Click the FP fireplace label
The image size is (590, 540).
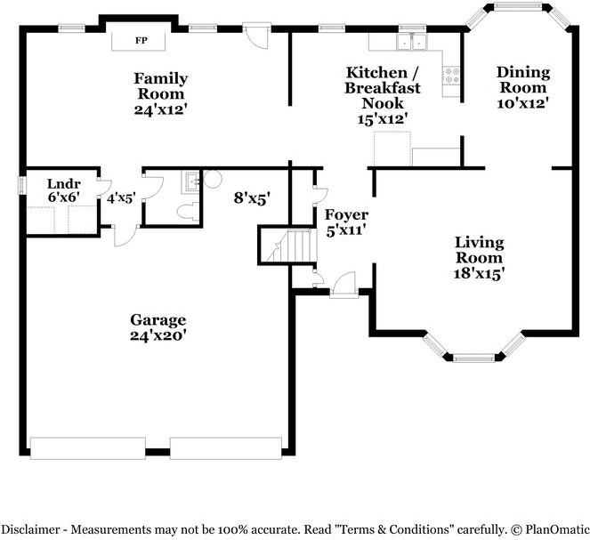[x=141, y=40]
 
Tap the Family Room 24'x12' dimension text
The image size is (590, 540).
[x=161, y=109]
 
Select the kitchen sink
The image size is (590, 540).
[x=412, y=42]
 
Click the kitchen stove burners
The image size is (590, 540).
[x=451, y=75]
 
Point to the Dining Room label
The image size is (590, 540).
[x=523, y=80]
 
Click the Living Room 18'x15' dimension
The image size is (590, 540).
[x=479, y=273]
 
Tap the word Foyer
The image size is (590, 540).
[x=346, y=215]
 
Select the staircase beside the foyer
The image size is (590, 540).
[x=292, y=246]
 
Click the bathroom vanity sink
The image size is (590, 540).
[x=192, y=182]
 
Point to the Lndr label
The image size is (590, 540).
[x=63, y=184]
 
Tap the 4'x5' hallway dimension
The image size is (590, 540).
[x=121, y=198]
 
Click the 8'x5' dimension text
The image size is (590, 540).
[x=253, y=197]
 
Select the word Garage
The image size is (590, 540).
[x=158, y=320]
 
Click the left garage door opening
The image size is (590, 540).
[x=88, y=447]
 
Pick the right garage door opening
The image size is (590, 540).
[x=226, y=447]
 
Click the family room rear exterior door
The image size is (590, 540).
[x=256, y=36]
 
